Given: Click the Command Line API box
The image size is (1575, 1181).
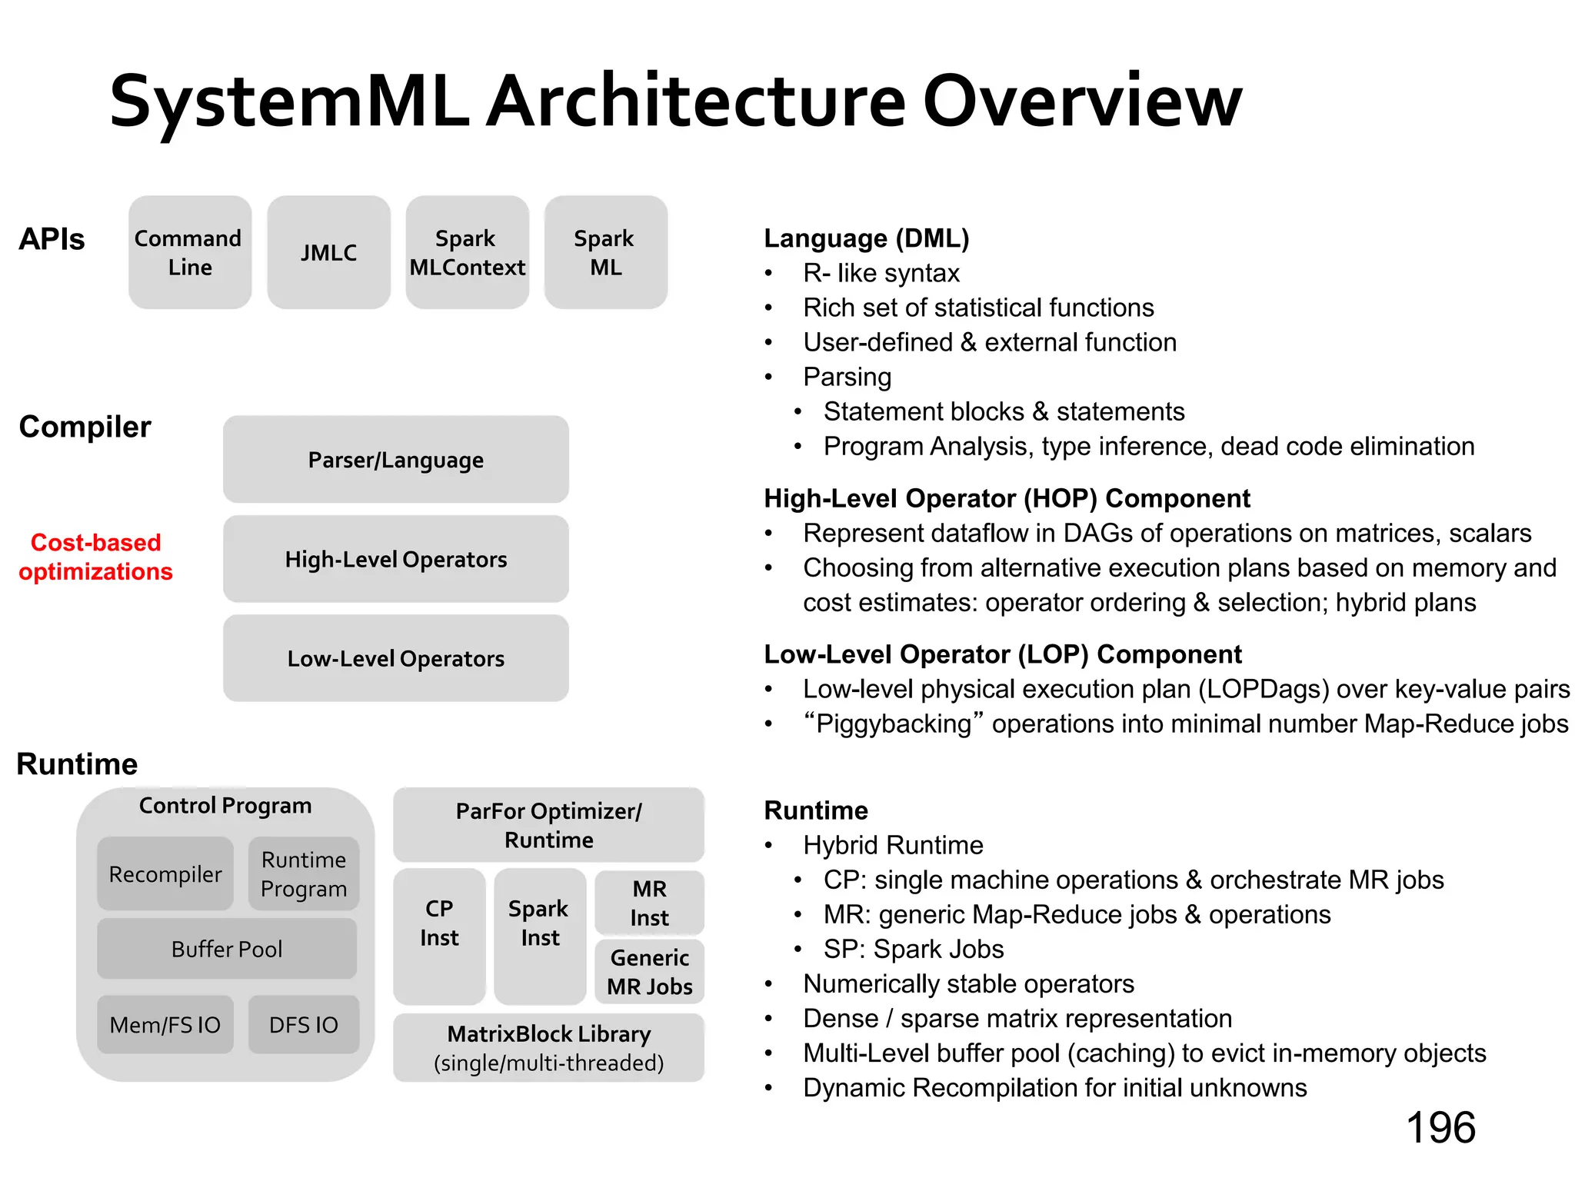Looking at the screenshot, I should coord(189,252).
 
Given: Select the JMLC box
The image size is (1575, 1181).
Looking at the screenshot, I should coord(328,252).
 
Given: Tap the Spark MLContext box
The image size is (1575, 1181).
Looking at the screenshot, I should coord(467,252).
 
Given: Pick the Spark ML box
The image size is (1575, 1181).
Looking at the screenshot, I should coord(605,252).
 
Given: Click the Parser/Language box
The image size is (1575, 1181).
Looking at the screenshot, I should coord(395,460).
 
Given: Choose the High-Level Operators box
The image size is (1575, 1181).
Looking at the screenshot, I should coord(395,559).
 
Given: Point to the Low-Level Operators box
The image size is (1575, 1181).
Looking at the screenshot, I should coord(395,658).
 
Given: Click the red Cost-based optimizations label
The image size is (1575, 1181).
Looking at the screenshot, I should coord(95,557).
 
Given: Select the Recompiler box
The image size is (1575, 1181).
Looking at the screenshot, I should coord(165,874).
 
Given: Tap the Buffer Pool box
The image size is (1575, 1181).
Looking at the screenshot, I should coord(227,949).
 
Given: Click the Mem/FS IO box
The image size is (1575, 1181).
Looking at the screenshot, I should coord(165,1025).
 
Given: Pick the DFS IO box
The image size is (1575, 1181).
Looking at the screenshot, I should coord(303,1025).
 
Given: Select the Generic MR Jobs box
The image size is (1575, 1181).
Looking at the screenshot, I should coord(649,972).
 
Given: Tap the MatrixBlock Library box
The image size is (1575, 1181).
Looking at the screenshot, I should coord(548,1047).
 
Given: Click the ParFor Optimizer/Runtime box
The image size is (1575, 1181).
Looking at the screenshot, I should coord(548,824).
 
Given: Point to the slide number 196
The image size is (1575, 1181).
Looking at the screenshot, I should coord(1440,1128).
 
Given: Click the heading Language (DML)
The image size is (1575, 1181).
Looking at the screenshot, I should coord(866,238).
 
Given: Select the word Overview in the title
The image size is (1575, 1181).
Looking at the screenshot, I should coord(1081,101).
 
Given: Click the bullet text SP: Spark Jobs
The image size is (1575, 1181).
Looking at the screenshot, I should coord(913,949).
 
